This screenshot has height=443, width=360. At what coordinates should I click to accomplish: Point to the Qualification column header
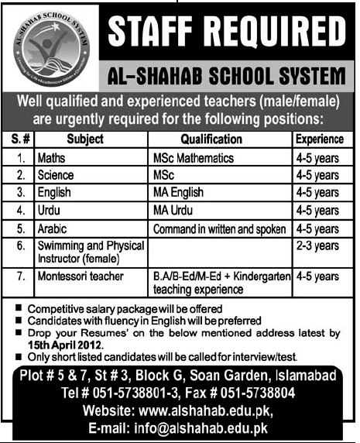211,139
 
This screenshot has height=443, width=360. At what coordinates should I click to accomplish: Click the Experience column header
318,139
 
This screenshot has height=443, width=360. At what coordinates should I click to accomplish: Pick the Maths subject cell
51,158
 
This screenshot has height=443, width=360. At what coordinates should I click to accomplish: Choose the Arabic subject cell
53,229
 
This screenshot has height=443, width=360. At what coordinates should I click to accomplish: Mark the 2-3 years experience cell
317,246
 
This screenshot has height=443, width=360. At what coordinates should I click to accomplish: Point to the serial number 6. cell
24,246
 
